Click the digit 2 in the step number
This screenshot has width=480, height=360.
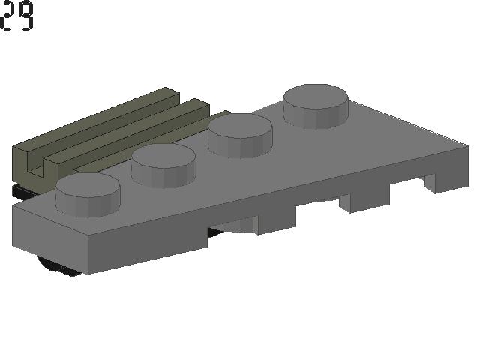7,15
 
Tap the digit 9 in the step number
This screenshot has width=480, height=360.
25,16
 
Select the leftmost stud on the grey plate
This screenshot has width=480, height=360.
88,195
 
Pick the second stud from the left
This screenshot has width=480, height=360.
163,166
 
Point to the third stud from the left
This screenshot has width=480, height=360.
240,136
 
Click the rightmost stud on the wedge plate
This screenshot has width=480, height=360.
316,106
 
